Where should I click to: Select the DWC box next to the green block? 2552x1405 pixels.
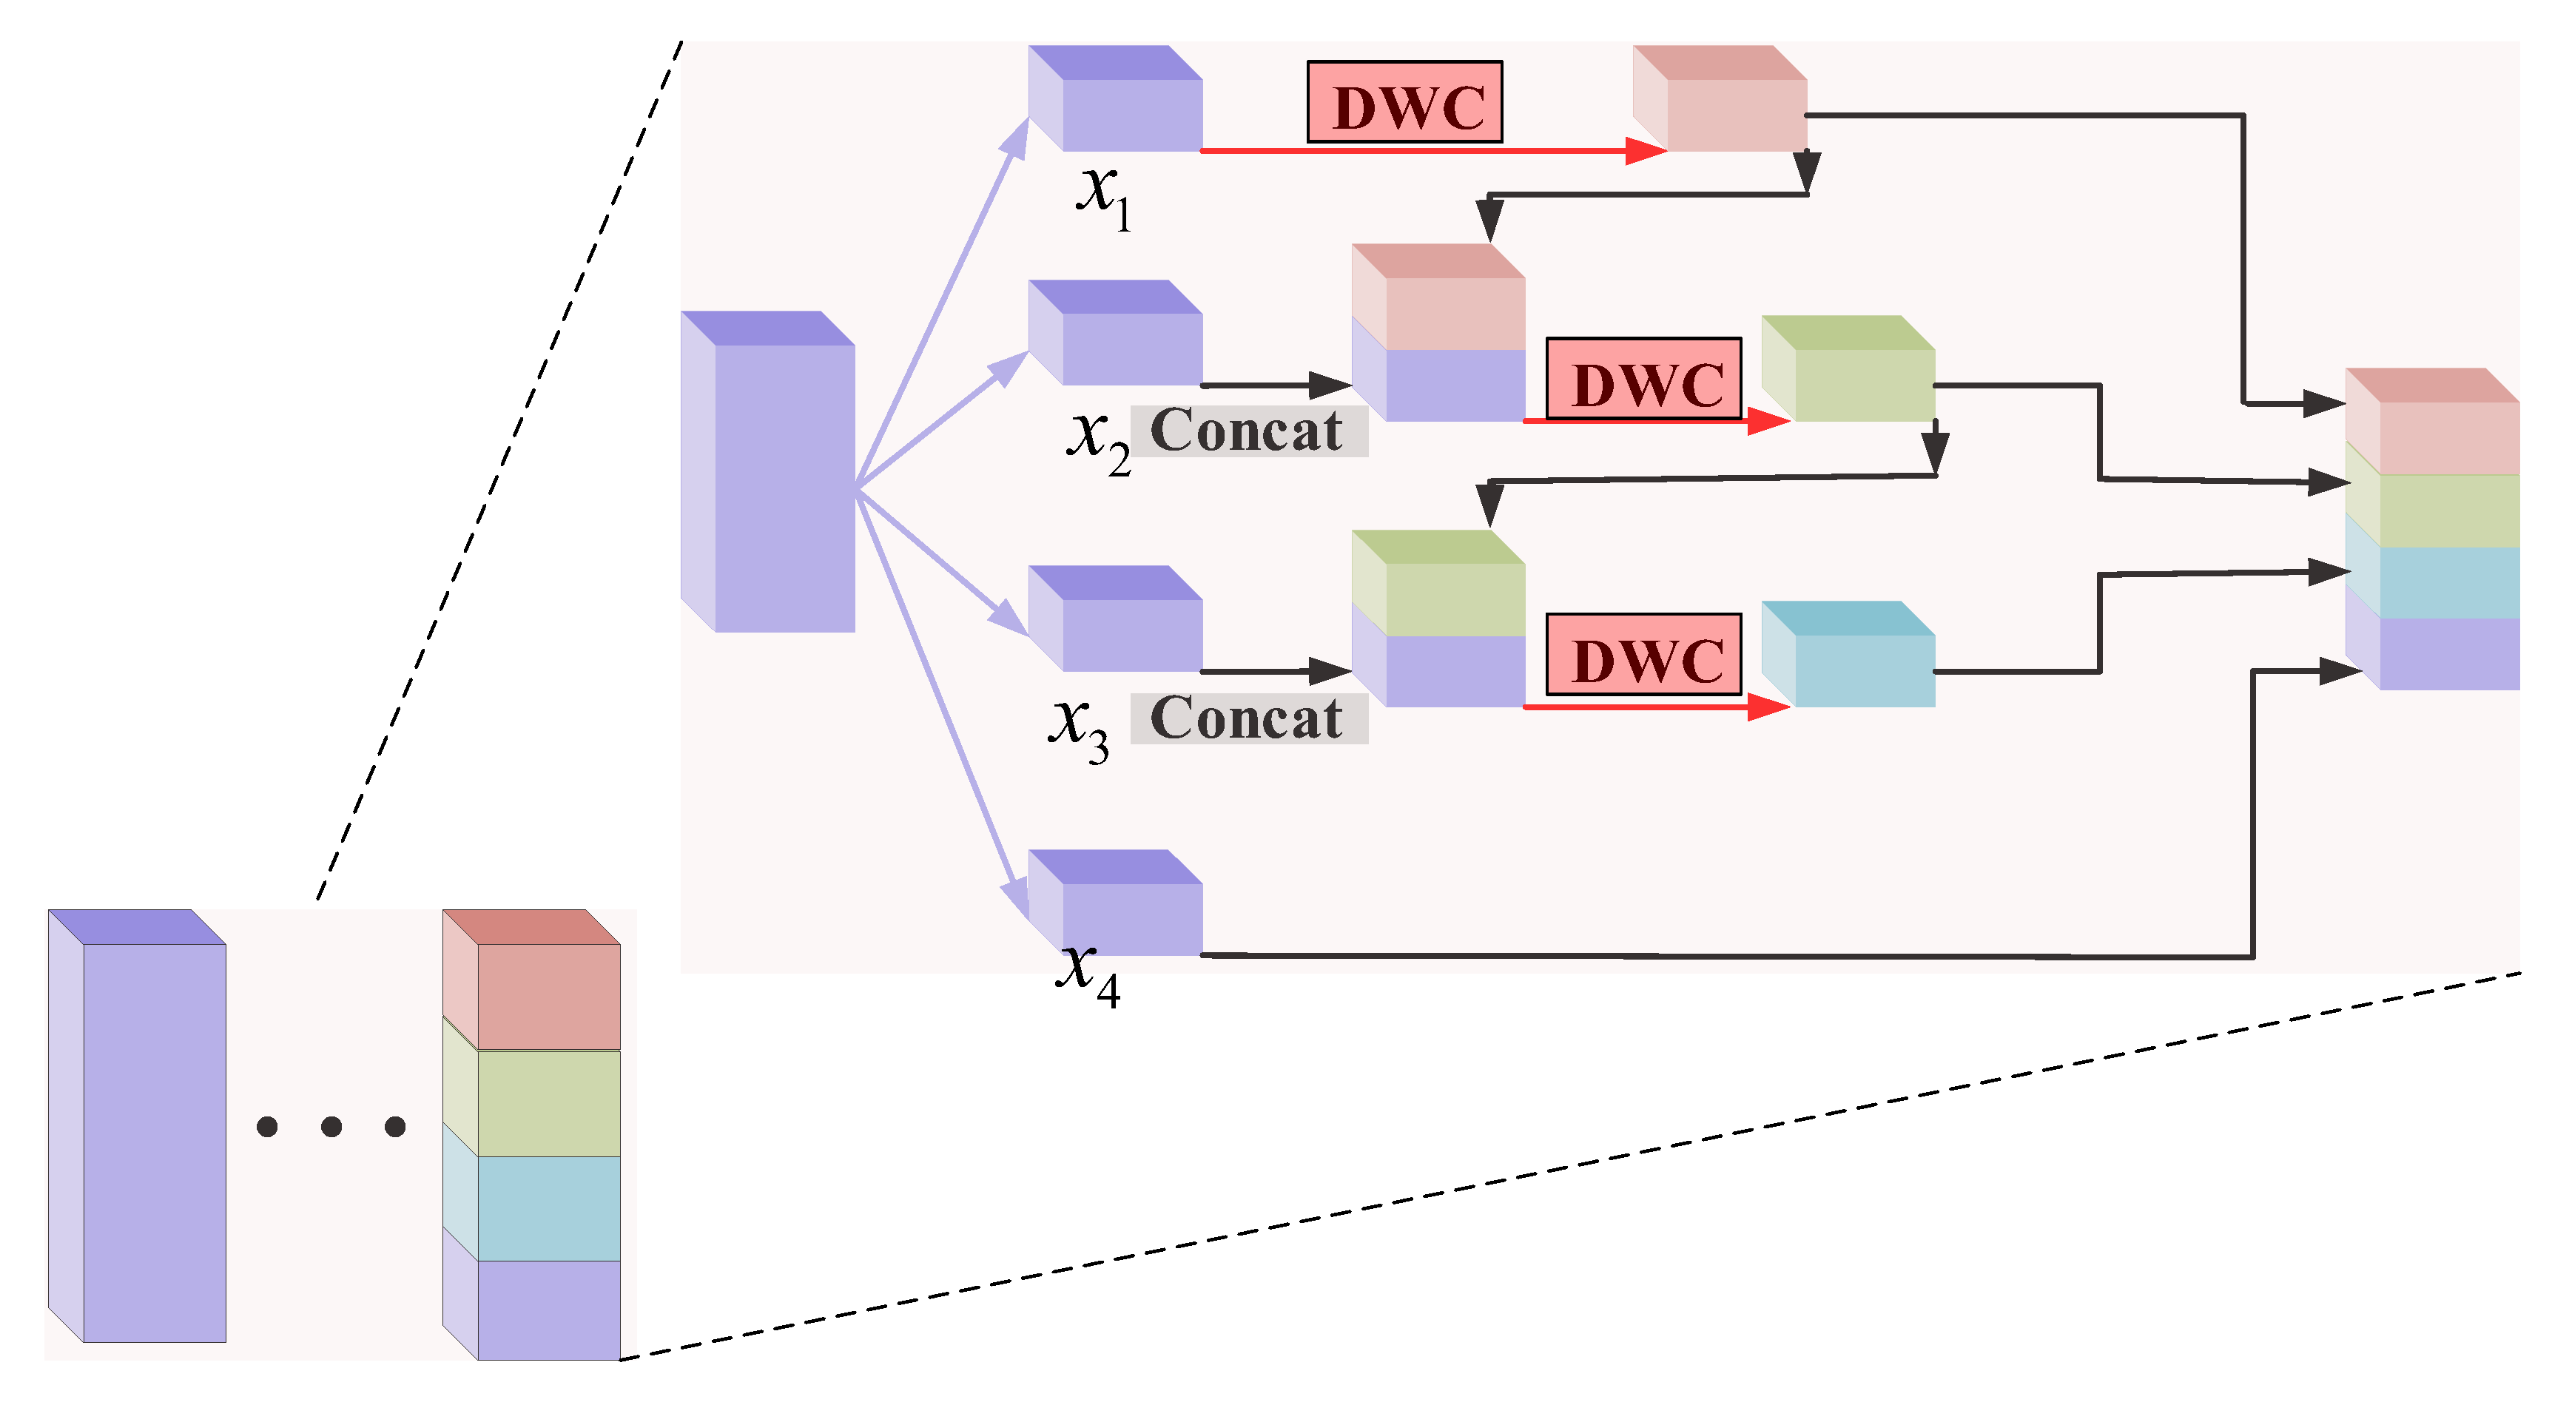(x=1643, y=379)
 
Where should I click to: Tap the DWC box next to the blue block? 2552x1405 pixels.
(x=1643, y=655)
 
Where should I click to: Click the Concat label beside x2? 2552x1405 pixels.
(x=1248, y=431)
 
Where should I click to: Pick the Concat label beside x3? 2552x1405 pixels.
(x=1248, y=718)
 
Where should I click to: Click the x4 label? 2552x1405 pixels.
(x=1088, y=973)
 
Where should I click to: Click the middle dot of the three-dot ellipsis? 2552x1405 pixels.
(x=331, y=1127)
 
